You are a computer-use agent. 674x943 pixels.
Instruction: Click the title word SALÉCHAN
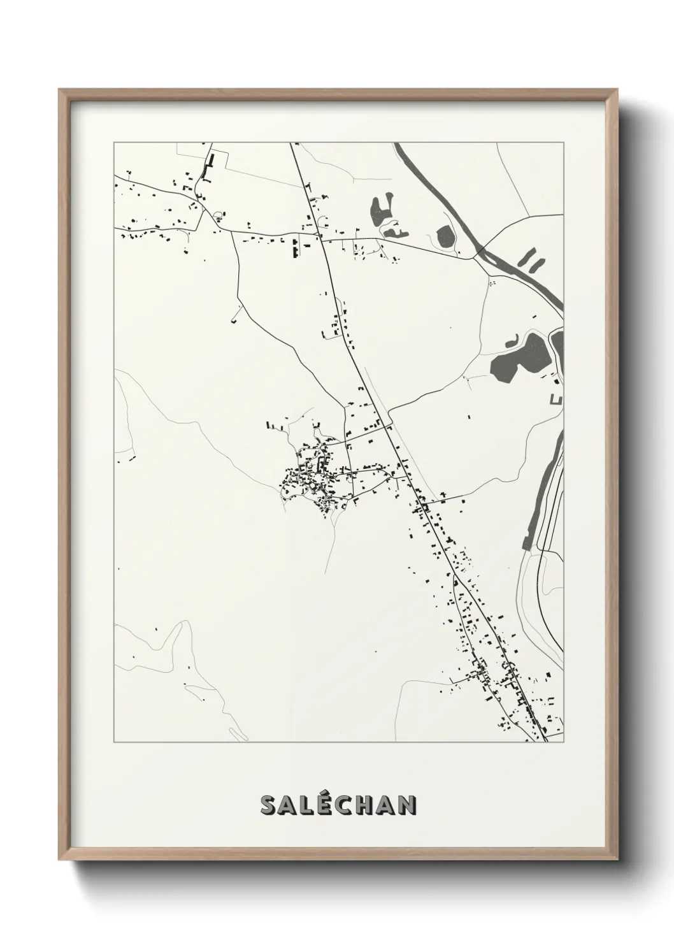coord(338,805)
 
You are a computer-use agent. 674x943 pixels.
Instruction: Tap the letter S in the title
coord(268,805)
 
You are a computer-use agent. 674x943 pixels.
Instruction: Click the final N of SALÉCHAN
coord(407,805)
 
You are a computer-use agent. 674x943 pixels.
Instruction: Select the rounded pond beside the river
coord(445,237)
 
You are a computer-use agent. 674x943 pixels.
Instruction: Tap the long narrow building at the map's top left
coord(208,163)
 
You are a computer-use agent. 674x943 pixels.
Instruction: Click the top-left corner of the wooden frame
coord(59,89)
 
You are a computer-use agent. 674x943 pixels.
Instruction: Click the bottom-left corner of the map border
coord(114,742)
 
